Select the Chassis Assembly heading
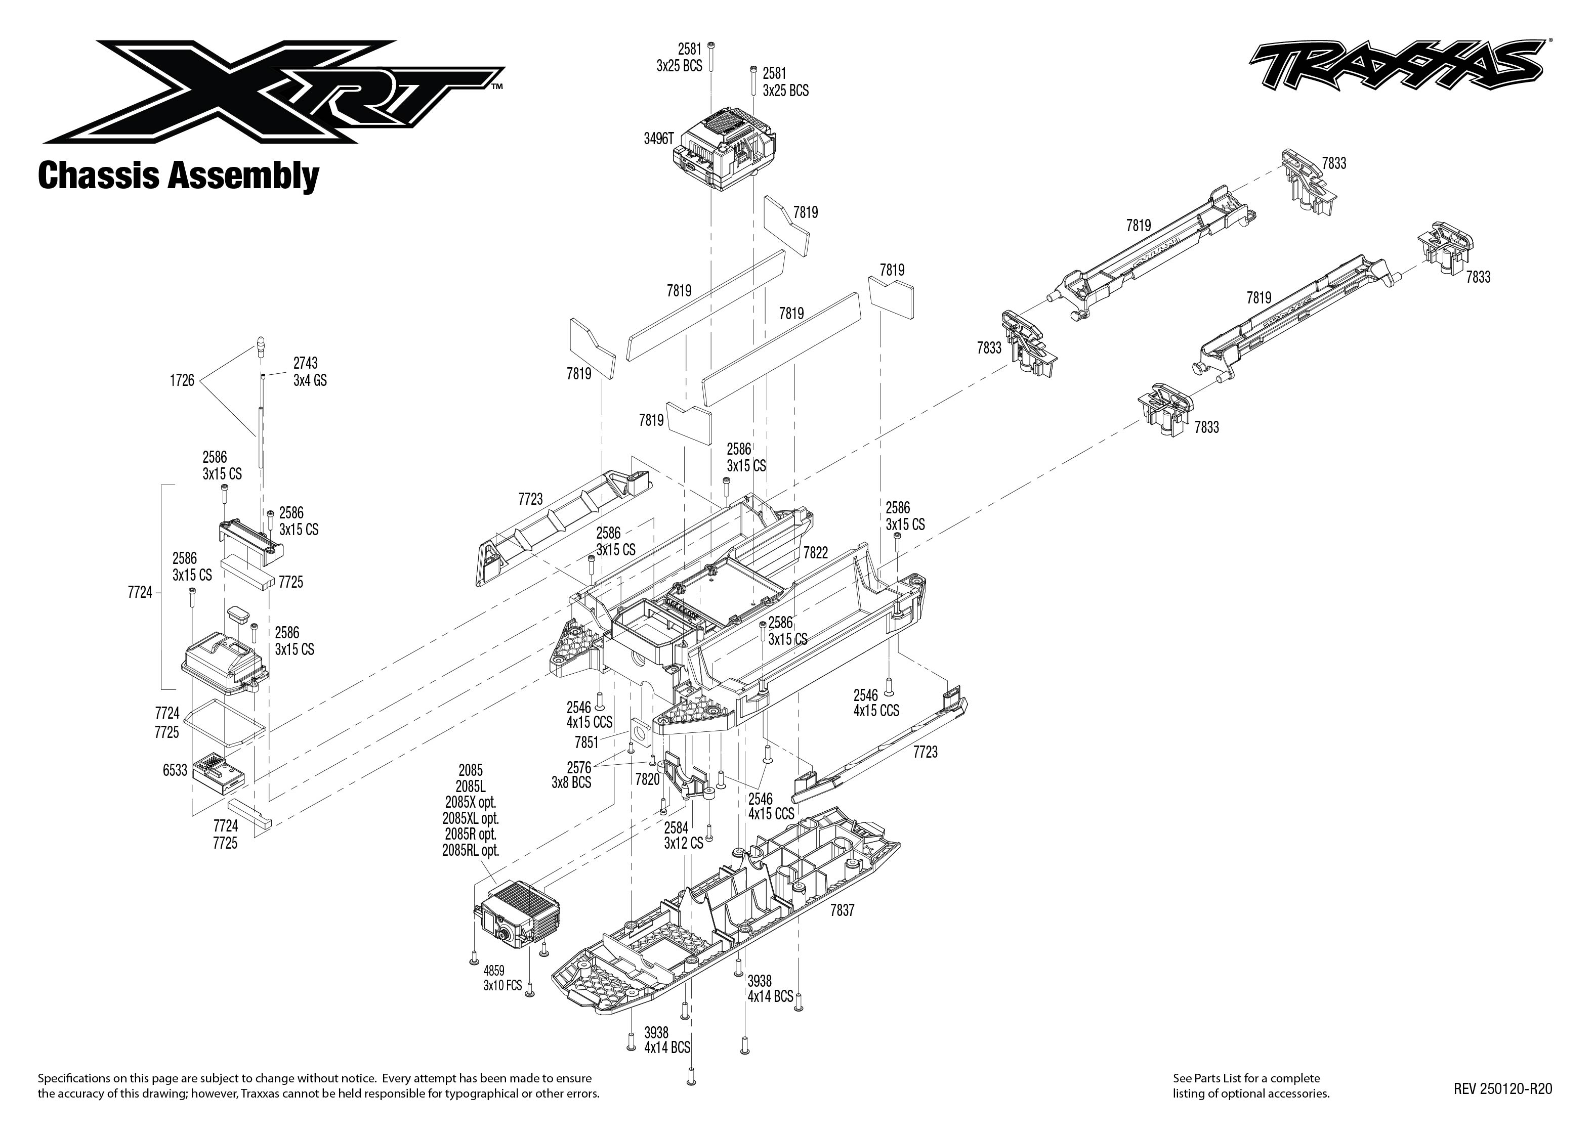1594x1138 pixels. click(178, 176)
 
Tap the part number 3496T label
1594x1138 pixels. click(658, 139)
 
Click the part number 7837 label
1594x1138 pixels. click(842, 910)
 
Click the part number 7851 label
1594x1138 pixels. click(586, 742)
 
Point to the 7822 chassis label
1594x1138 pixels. click(815, 553)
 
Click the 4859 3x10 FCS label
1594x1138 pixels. click(502, 978)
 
